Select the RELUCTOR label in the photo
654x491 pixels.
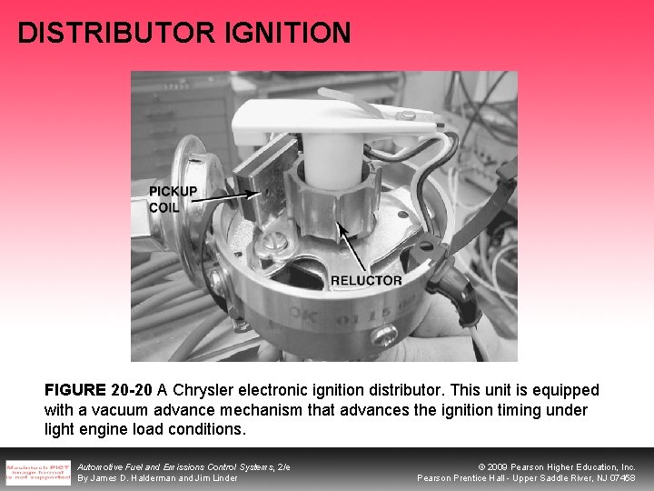pyautogui.click(x=366, y=280)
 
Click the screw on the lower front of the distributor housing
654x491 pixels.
pyautogui.click(x=387, y=338)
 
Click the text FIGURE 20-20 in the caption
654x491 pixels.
pyautogui.click(x=98, y=390)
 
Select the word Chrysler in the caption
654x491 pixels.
pyautogui.click(x=210, y=390)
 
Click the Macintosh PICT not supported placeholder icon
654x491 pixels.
pyautogui.click(x=38, y=471)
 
